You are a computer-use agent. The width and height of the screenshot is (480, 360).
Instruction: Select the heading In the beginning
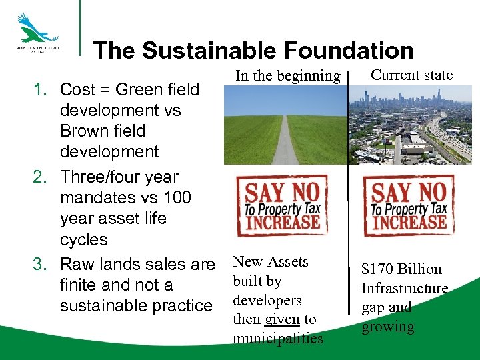[287, 76]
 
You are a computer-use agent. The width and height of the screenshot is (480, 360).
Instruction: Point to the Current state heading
[411, 75]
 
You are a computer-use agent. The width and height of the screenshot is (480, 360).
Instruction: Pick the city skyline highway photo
[411, 125]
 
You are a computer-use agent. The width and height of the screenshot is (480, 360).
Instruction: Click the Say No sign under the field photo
[283, 205]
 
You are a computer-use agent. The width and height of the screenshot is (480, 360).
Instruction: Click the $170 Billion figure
[401, 269]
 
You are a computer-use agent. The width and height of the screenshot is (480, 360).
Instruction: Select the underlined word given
[283, 319]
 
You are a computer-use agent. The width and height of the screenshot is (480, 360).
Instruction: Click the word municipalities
[277, 339]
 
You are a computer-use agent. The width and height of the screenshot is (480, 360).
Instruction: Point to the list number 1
[40, 89]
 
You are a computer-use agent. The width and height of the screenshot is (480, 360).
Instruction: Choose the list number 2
[40, 177]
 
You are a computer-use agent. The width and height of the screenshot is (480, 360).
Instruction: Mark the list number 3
[40, 265]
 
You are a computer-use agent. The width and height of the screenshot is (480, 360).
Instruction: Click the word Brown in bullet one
[85, 131]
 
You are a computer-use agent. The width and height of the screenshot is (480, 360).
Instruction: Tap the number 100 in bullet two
[175, 198]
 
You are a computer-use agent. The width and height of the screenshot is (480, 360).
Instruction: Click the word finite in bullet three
[79, 285]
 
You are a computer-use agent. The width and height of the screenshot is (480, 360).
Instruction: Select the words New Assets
[270, 262]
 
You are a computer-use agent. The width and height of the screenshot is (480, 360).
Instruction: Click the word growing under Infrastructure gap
[387, 327]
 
